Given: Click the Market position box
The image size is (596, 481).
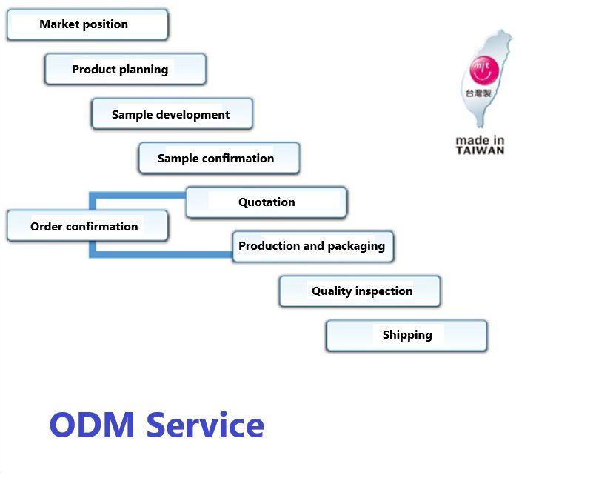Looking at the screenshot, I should coord(87,24).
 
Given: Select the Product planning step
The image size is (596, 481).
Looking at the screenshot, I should coord(125,70).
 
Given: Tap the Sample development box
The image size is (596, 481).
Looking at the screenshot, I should coord(172,114).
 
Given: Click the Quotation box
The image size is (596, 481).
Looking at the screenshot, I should coord(267,202).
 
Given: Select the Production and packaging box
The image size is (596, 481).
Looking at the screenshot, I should coord(312,246).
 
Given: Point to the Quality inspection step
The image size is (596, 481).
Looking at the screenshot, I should coord(360,291).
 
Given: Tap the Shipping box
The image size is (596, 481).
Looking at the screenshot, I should coord(406,335).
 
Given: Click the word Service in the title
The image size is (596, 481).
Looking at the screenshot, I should coord(205,425).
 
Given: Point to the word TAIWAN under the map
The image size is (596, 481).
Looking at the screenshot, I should coord(480,150).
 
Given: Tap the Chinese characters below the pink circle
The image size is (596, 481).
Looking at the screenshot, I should coord(479,94).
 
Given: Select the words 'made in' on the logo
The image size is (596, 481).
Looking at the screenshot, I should coord(480,139).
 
